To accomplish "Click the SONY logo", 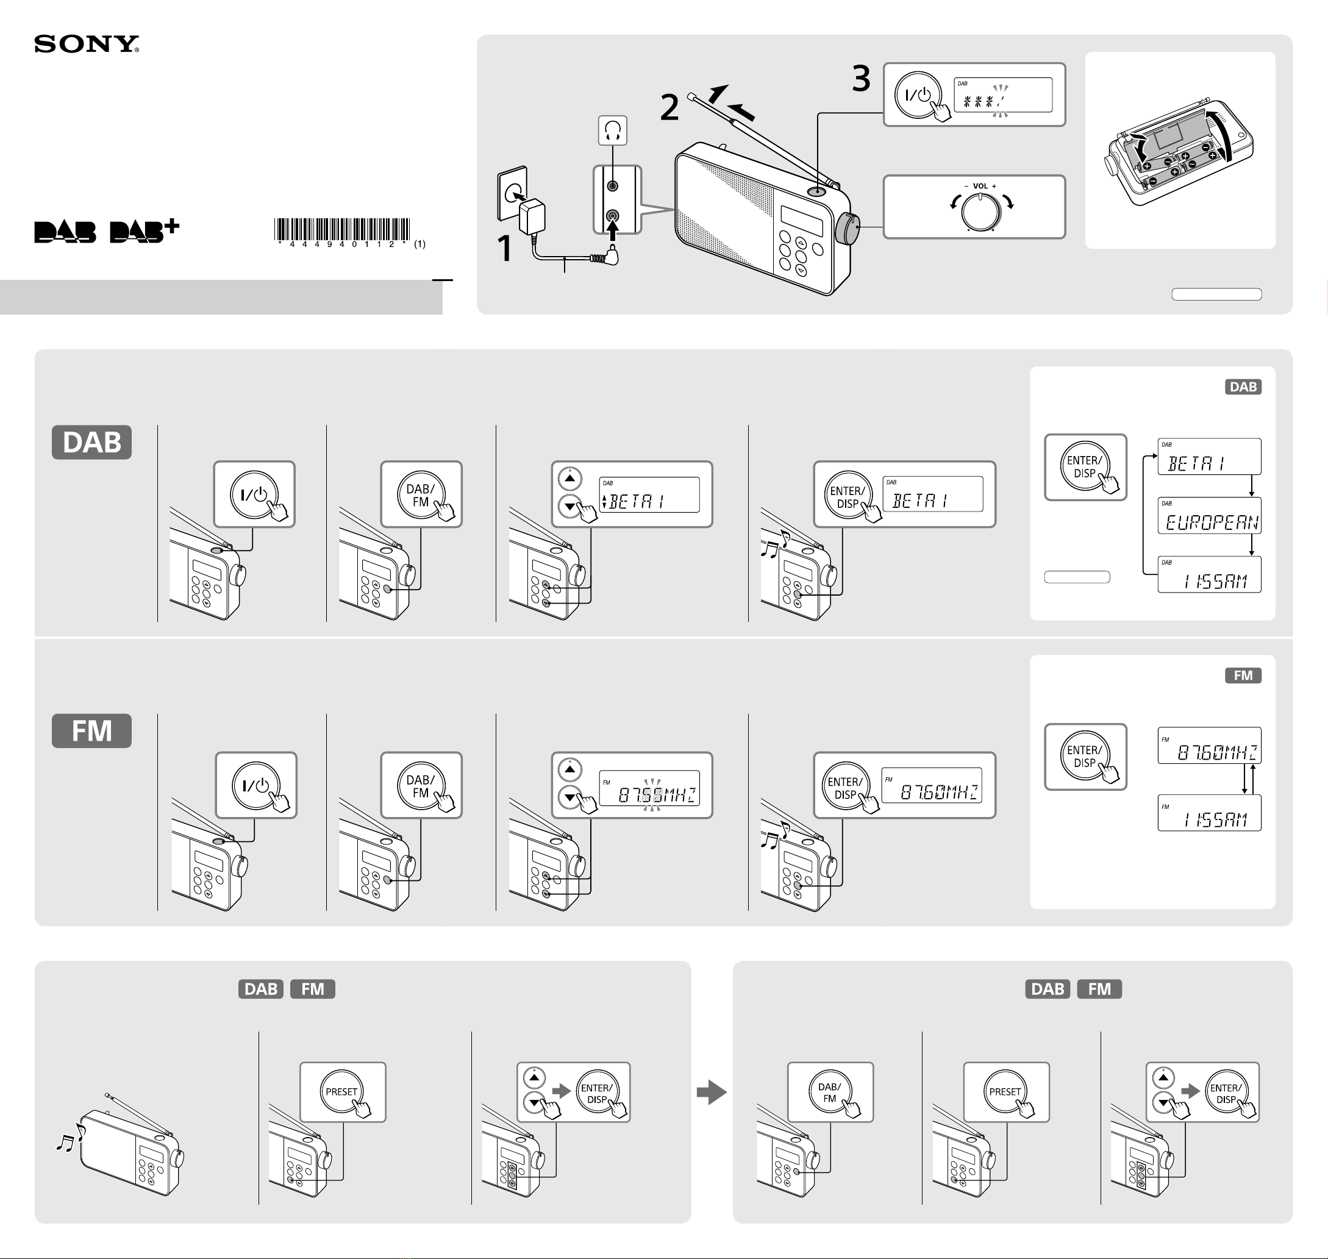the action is coord(87,45).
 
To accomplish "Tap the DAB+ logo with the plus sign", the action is coord(145,230).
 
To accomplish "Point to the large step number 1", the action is coord(505,248).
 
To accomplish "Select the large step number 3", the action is coord(861,79).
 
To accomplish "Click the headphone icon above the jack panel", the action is coord(613,130).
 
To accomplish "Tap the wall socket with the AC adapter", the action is coord(521,200).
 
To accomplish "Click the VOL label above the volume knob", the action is coord(980,186).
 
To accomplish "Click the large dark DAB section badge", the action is coord(92,442).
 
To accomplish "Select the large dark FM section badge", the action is coord(92,731).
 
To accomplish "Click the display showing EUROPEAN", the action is coord(1209,515).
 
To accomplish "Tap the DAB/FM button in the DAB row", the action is coord(421,494).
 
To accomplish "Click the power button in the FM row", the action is coord(256,785).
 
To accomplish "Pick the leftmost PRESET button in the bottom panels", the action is coord(341,1092).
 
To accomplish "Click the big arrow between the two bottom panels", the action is coord(712,1092).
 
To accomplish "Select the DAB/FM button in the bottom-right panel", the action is coord(830,1092).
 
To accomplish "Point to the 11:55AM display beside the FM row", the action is coord(1209,813).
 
